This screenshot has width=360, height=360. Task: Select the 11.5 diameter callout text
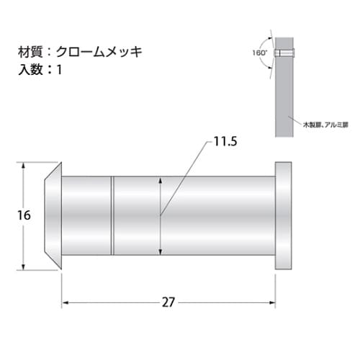pos(225,142)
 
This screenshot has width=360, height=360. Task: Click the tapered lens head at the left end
pos(50,216)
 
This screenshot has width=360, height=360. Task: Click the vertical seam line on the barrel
pos(112,216)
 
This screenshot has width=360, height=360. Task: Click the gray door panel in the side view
pos(284,94)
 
